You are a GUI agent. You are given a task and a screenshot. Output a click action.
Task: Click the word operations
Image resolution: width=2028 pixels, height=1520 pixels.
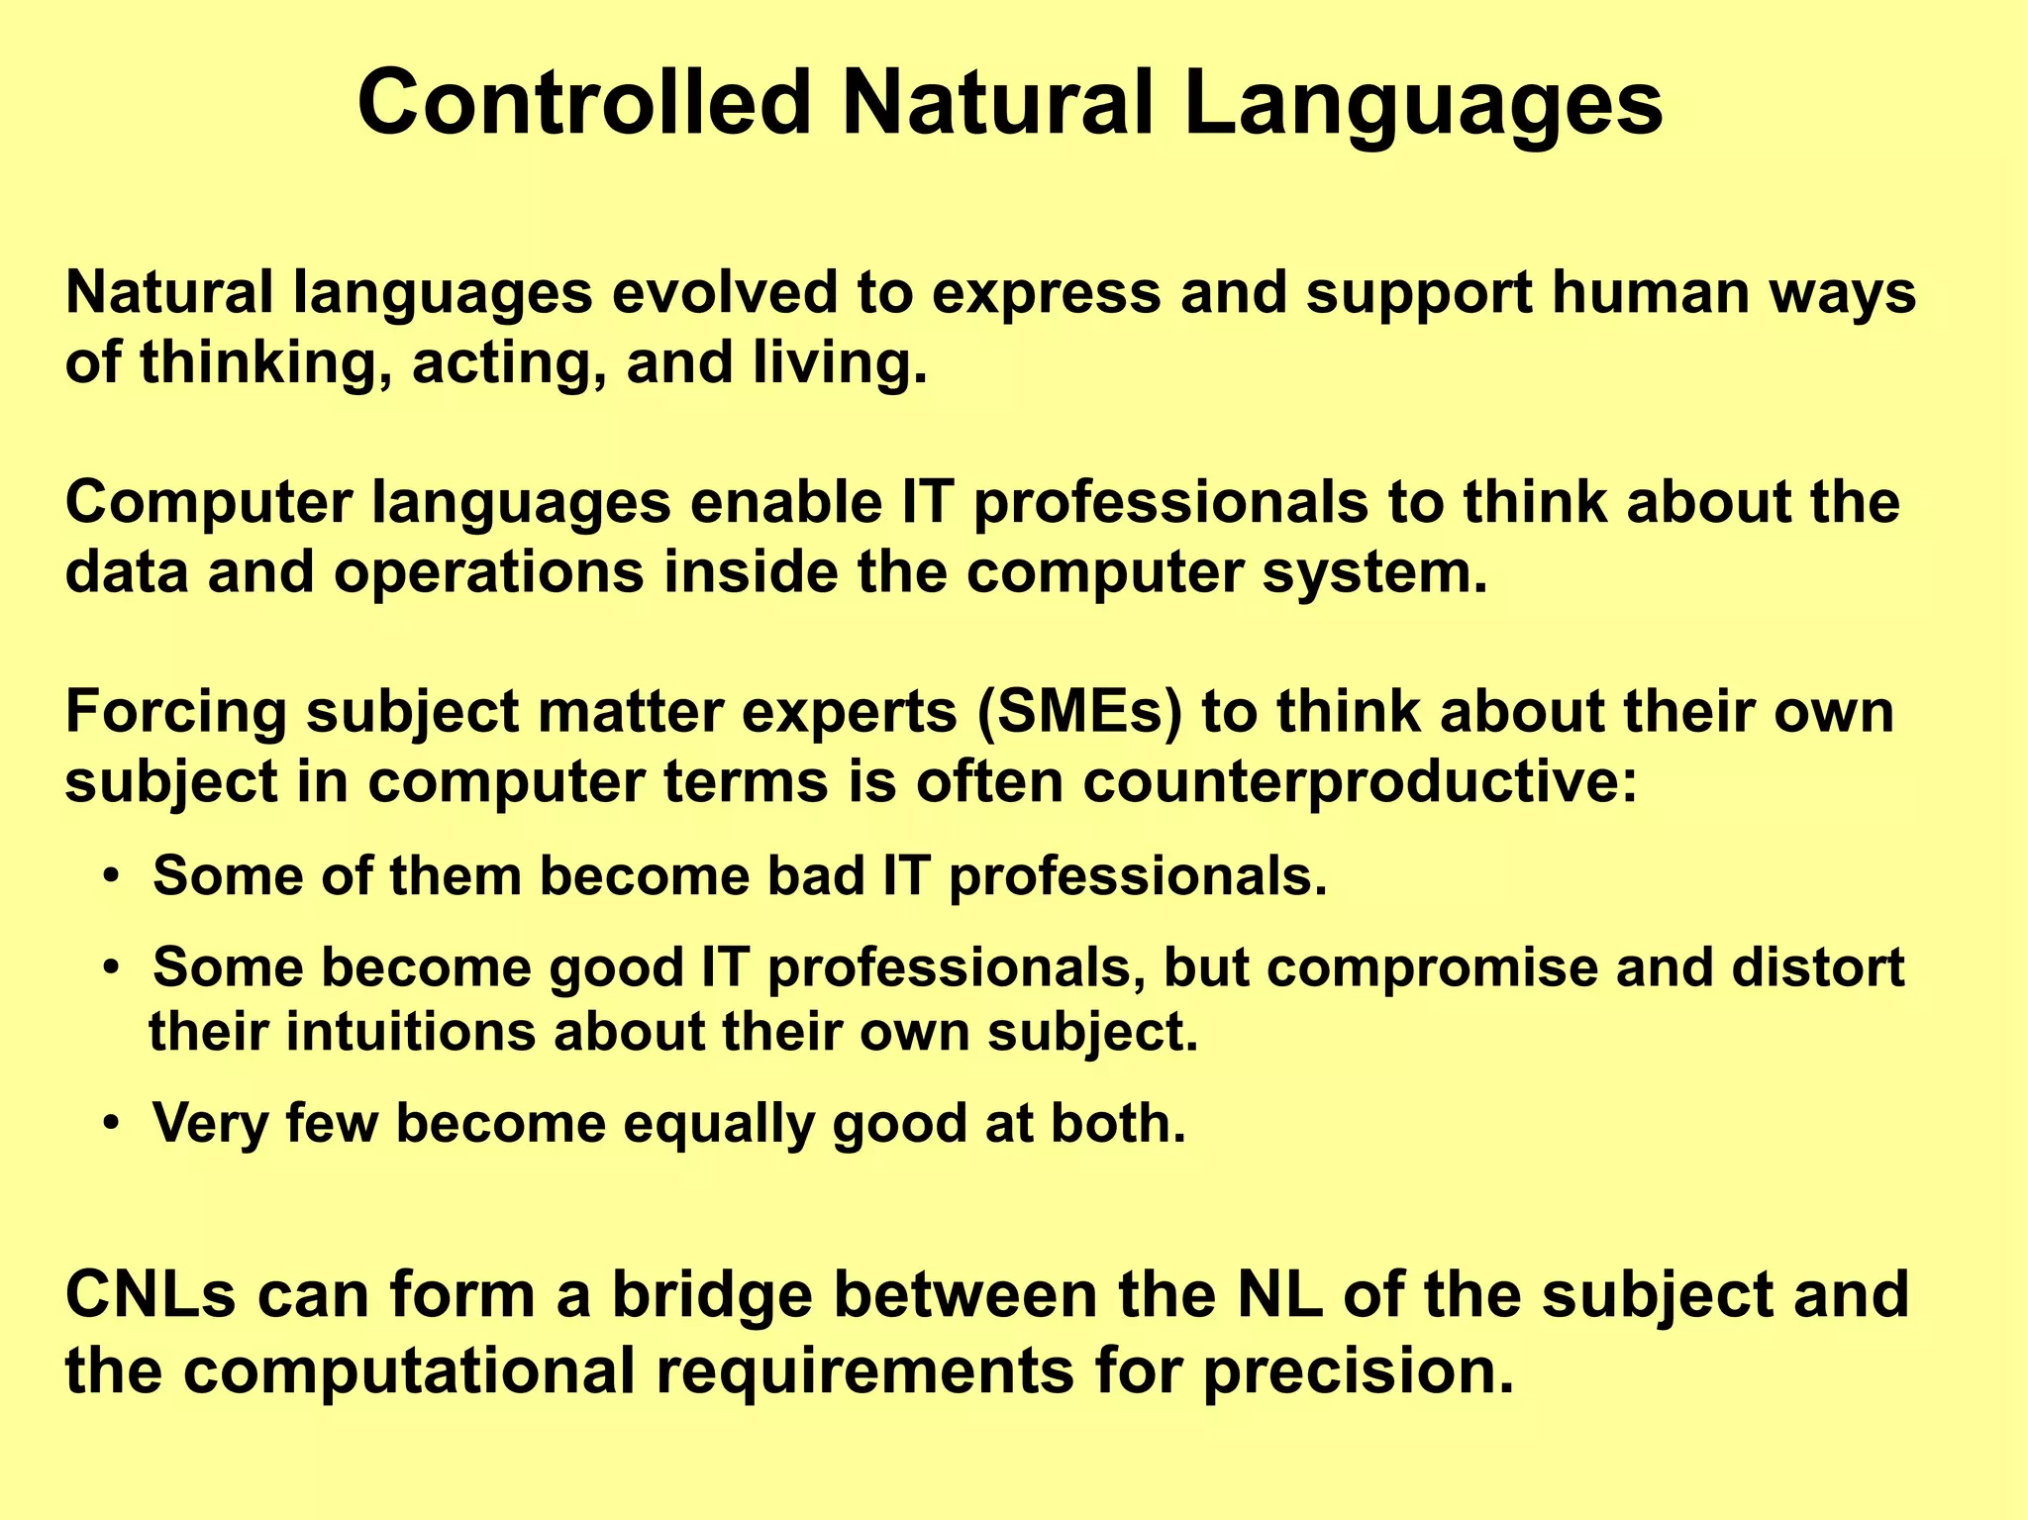click(489, 574)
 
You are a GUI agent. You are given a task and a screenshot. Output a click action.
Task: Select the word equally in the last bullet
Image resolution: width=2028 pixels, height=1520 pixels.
click(718, 1125)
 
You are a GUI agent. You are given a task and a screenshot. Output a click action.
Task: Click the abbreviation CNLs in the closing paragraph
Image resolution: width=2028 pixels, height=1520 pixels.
click(151, 1295)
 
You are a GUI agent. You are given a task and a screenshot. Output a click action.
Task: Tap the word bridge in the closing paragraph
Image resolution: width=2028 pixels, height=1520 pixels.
click(712, 1295)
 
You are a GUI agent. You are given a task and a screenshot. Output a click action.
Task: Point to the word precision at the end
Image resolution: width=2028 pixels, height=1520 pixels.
click(1358, 1371)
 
